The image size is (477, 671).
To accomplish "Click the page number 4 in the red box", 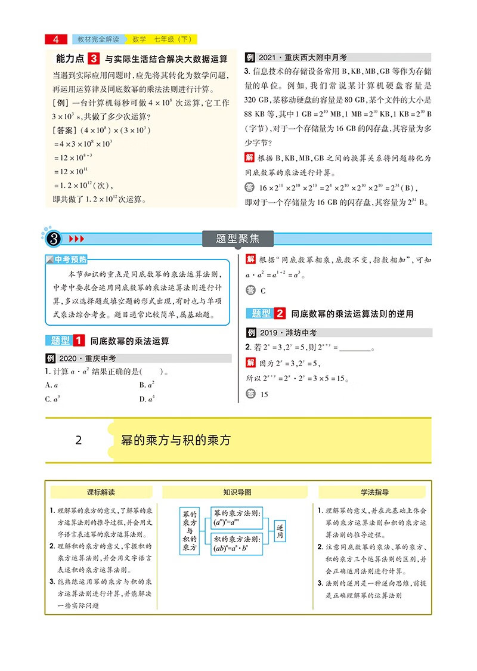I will pyautogui.click(x=56, y=40).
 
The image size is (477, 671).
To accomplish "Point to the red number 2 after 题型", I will pyautogui.click(x=280, y=314).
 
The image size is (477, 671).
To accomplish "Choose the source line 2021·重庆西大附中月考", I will pyautogui.click(x=304, y=58).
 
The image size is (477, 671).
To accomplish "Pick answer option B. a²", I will pyautogui.click(x=147, y=385).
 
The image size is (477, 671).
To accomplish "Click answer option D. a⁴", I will pyautogui.click(x=147, y=399).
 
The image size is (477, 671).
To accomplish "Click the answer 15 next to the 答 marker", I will pyautogui.click(x=265, y=395).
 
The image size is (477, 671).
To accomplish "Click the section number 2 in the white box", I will pyautogui.click(x=79, y=441).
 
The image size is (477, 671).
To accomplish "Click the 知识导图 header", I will pyautogui.click(x=237, y=493).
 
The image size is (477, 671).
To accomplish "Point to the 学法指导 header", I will pyautogui.click(x=374, y=493).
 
